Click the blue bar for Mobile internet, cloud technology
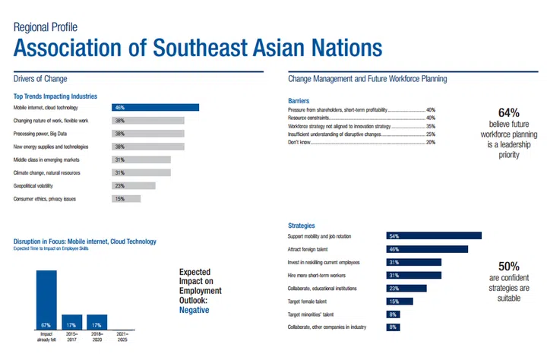coord(155,108)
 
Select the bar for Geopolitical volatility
coord(133,185)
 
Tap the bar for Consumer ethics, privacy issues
coord(126,199)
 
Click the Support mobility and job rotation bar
coord(434,236)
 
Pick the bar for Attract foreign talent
coord(427,249)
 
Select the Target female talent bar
coord(400,301)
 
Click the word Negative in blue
coord(194,310)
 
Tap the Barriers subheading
coord(299,100)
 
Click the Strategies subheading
coord(302,226)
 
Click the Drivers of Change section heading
coord(40,79)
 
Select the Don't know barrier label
coord(300,142)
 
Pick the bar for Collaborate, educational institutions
coord(406,288)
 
